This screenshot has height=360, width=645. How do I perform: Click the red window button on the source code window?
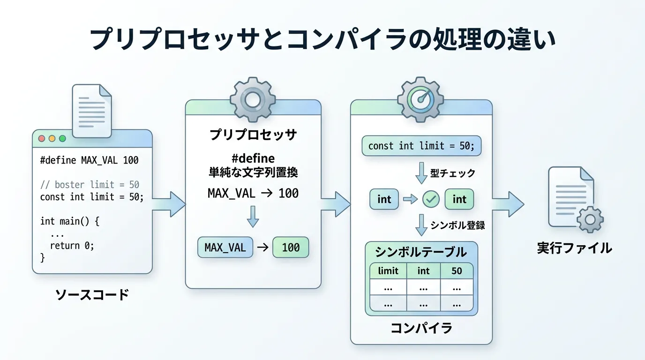tap(41, 139)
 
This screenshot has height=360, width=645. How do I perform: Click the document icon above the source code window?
tap(92, 111)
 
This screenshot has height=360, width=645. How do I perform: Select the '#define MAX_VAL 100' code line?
tap(90, 160)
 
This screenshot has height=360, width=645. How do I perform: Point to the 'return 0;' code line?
tap(72, 245)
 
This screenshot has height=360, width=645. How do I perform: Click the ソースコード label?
tap(92, 295)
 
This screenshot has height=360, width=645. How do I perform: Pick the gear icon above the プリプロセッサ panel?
tap(253, 99)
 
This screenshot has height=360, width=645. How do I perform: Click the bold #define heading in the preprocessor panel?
tap(253, 158)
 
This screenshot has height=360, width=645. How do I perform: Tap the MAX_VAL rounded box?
tap(225, 247)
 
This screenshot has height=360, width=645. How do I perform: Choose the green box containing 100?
tap(291, 247)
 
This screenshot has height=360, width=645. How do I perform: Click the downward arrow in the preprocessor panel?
tap(253, 216)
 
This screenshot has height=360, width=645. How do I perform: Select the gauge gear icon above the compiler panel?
tap(420, 99)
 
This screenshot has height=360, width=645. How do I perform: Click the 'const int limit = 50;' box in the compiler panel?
tap(421, 146)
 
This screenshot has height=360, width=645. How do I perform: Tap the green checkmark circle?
tap(430, 199)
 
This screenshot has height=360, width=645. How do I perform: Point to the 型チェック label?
tap(453, 173)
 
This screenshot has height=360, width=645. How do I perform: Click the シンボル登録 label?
tap(457, 225)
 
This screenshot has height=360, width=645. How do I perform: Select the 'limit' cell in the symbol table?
tap(388, 271)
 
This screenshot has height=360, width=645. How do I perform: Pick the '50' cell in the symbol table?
tap(456, 271)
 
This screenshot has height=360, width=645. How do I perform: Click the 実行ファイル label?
tap(574, 247)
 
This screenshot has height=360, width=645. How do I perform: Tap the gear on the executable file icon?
tap(590, 219)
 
